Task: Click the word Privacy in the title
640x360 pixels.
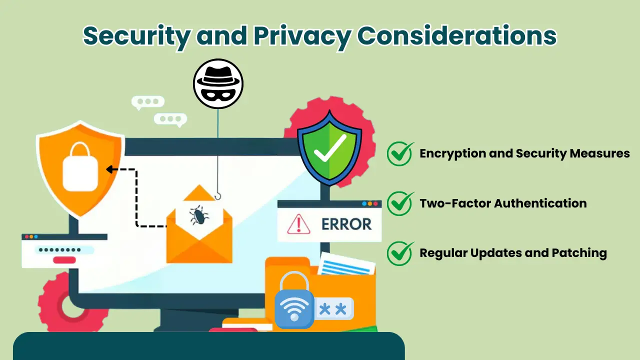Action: click(287, 36)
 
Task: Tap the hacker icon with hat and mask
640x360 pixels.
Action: click(218, 83)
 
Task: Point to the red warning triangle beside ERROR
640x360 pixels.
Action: click(298, 223)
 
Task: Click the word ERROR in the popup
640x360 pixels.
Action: click(346, 223)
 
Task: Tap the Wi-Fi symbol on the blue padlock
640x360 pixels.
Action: click(294, 308)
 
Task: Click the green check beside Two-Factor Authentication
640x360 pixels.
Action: click(400, 203)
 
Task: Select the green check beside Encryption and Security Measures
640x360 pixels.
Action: click(400, 153)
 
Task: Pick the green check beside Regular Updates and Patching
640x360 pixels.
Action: click(400, 253)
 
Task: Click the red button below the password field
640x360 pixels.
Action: click(64, 260)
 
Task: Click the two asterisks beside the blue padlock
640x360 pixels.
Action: click(332, 309)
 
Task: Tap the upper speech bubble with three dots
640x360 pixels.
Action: click(147, 101)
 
